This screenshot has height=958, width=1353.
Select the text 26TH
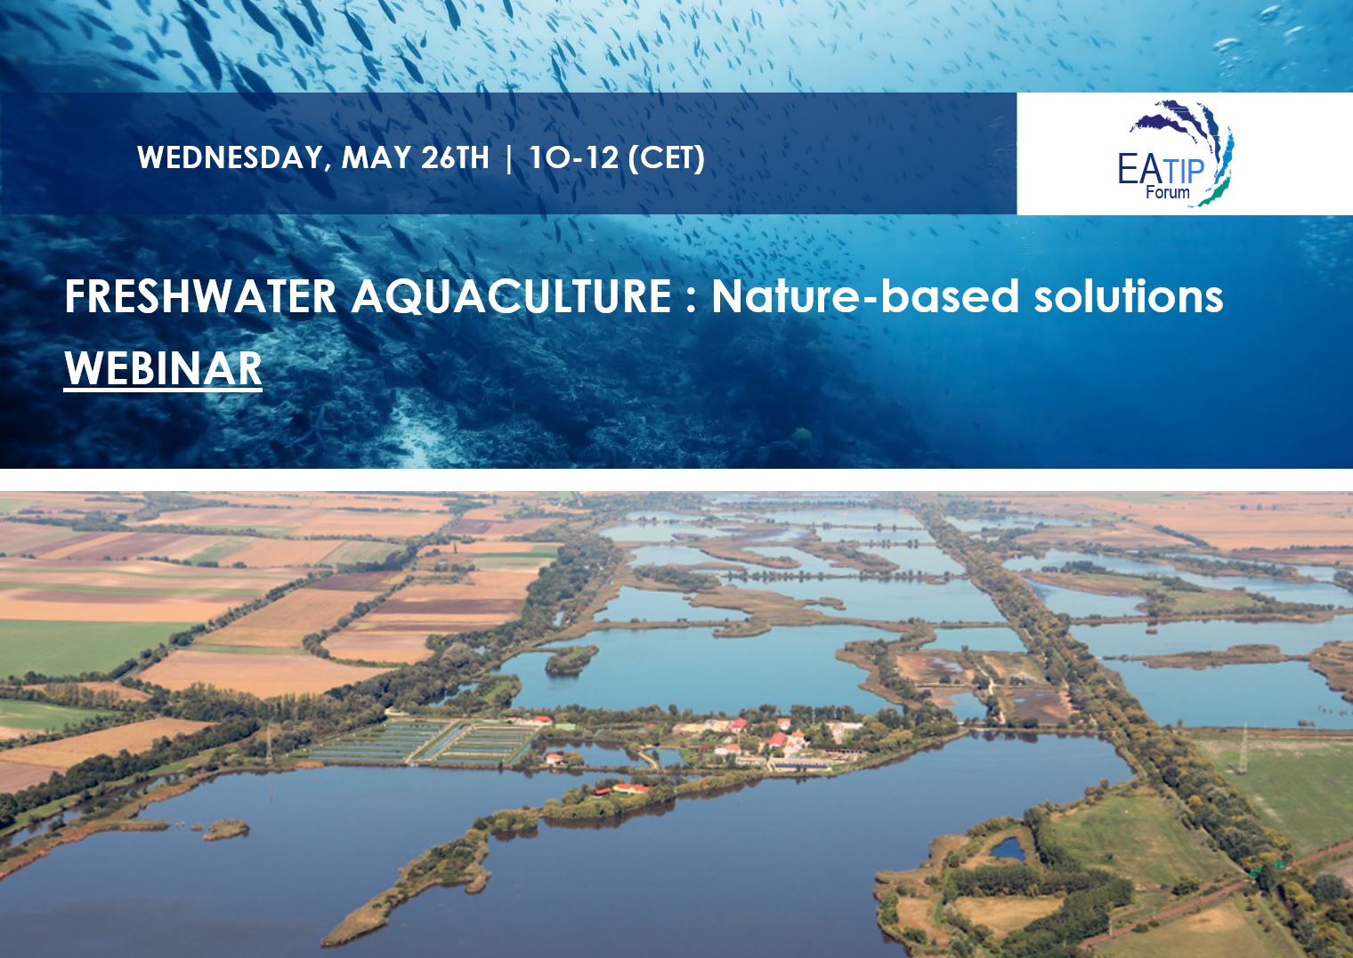point(455,158)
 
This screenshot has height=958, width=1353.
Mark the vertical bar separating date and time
point(508,158)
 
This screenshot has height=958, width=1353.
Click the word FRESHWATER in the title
point(199,297)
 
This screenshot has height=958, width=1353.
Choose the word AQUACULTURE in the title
point(511,297)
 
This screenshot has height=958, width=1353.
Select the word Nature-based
point(864,297)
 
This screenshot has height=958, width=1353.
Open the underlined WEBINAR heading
point(163,368)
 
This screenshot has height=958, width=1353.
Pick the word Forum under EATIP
point(1167,192)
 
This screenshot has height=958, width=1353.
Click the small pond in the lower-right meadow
point(1008,848)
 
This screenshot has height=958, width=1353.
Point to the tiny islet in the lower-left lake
point(226,829)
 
